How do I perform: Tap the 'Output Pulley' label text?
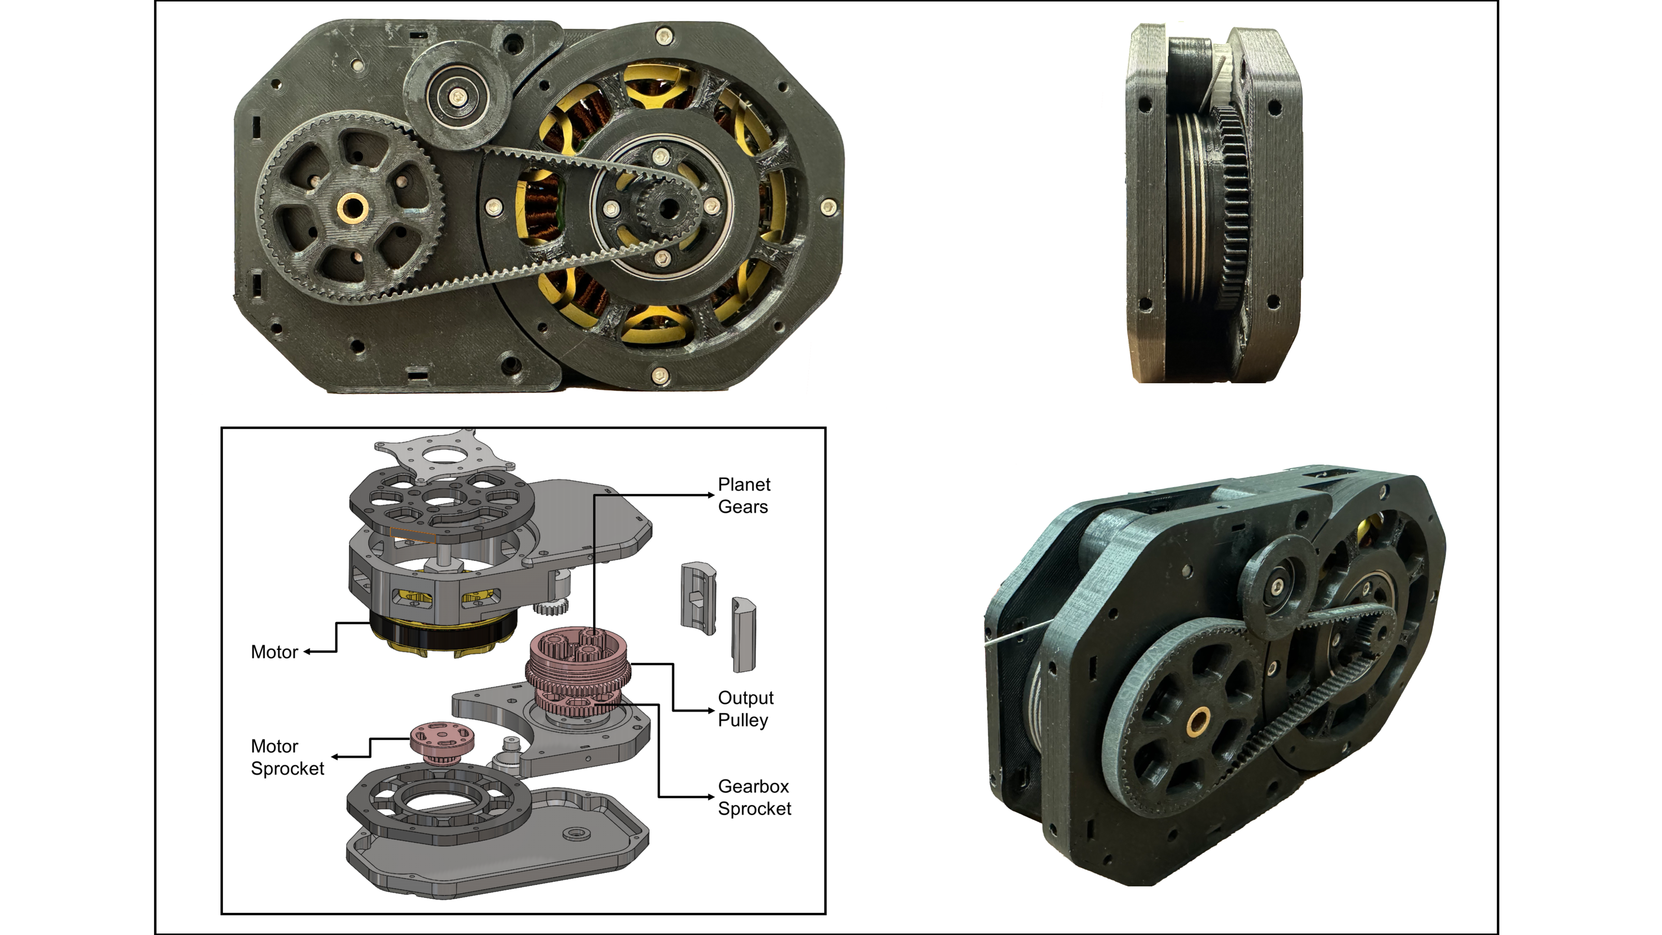pyautogui.click(x=745, y=709)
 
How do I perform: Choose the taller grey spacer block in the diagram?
pyautogui.click(x=743, y=636)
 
